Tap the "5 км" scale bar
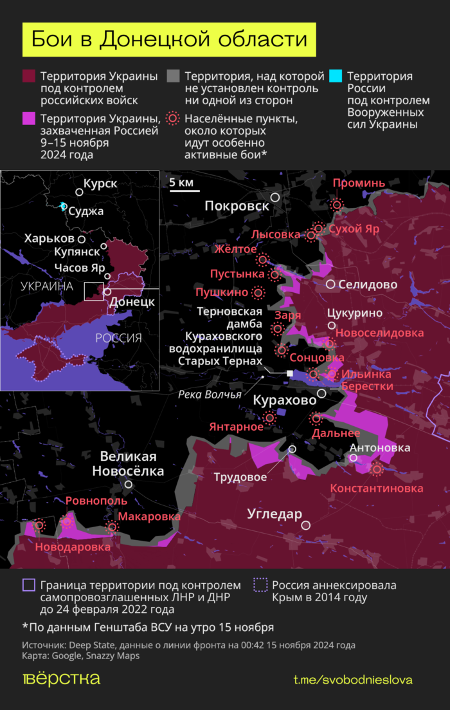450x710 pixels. [181, 185]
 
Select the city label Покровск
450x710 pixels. [237, 205]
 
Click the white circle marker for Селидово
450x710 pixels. [330, 285]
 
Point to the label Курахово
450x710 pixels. [284, 400]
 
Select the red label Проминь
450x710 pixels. [359, 183]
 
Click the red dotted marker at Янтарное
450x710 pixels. [270, 418]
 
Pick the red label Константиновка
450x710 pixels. [377, 489]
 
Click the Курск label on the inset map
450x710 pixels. [100, 184]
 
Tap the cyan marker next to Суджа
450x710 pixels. [62, 206]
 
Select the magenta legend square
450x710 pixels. [29, 119]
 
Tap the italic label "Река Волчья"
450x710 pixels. [209, 395]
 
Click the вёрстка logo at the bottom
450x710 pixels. [61, 678]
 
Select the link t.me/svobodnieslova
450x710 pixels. [353, 680]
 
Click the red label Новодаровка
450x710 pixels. [73, 547]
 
